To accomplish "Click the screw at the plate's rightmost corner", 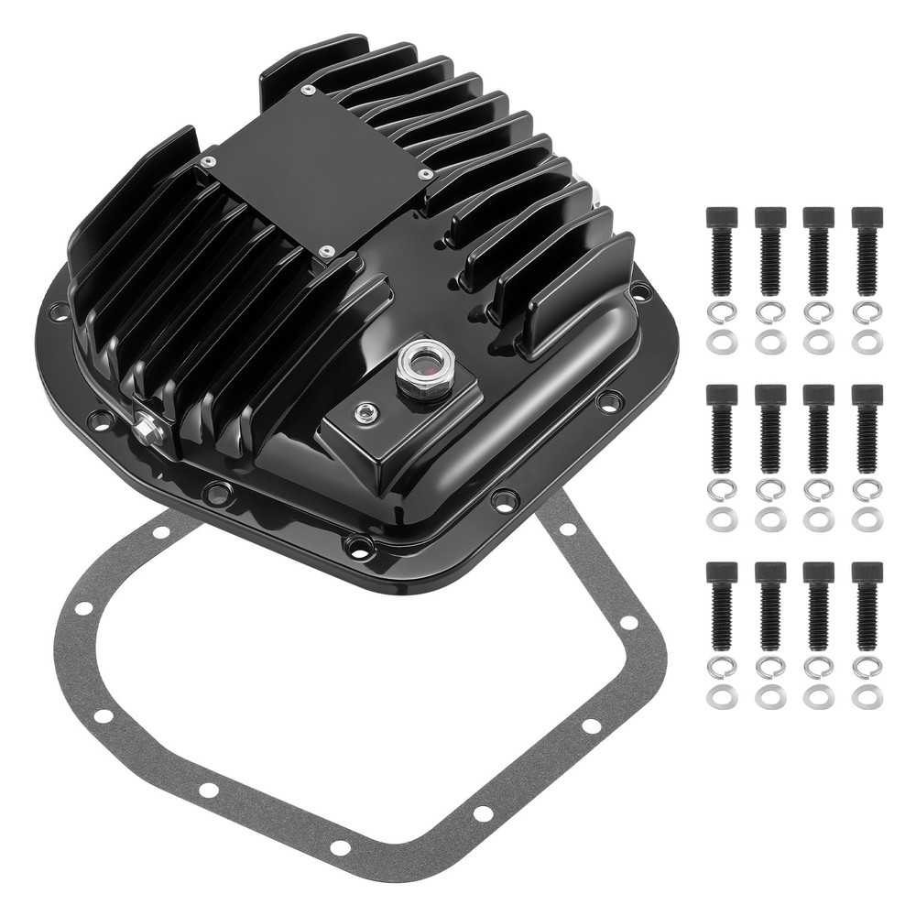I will (425, 174).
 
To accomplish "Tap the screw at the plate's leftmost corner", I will (210, 161).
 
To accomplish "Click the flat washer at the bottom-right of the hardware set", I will (866, 697).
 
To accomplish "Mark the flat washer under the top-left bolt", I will (721, 342).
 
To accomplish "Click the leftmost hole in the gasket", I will (82, 608).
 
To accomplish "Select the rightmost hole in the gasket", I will (628, 623).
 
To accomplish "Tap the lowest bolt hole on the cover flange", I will (359, 548).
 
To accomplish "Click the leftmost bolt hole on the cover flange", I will (57, 309).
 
